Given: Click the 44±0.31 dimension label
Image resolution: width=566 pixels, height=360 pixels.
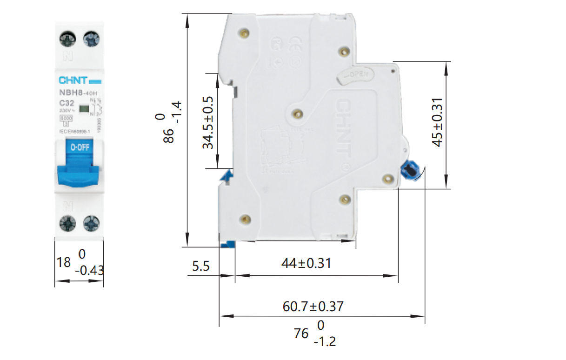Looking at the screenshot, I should (306, 263).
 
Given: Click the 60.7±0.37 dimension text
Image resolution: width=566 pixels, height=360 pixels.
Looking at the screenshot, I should (313, 307).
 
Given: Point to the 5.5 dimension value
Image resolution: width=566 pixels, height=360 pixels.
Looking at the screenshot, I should (201, 266).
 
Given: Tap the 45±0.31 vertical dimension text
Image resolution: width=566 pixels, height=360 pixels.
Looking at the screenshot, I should (437, 122).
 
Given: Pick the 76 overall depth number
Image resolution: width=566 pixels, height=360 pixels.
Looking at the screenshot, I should (301, 333).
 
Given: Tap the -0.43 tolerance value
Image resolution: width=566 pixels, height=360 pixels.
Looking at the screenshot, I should (89, 270).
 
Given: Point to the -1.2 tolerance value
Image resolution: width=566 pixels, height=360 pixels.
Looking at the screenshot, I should (324, 342).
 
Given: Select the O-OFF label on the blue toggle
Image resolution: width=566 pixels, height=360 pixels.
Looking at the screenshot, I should (79, 148).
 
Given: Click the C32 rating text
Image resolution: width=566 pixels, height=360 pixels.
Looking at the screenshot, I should (67, 103).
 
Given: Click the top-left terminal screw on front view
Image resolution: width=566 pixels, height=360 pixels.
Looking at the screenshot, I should (68, 39).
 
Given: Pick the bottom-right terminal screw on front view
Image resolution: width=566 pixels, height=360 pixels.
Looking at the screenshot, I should (90, 224).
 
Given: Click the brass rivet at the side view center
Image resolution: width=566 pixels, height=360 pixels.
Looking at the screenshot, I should (298, 113).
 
